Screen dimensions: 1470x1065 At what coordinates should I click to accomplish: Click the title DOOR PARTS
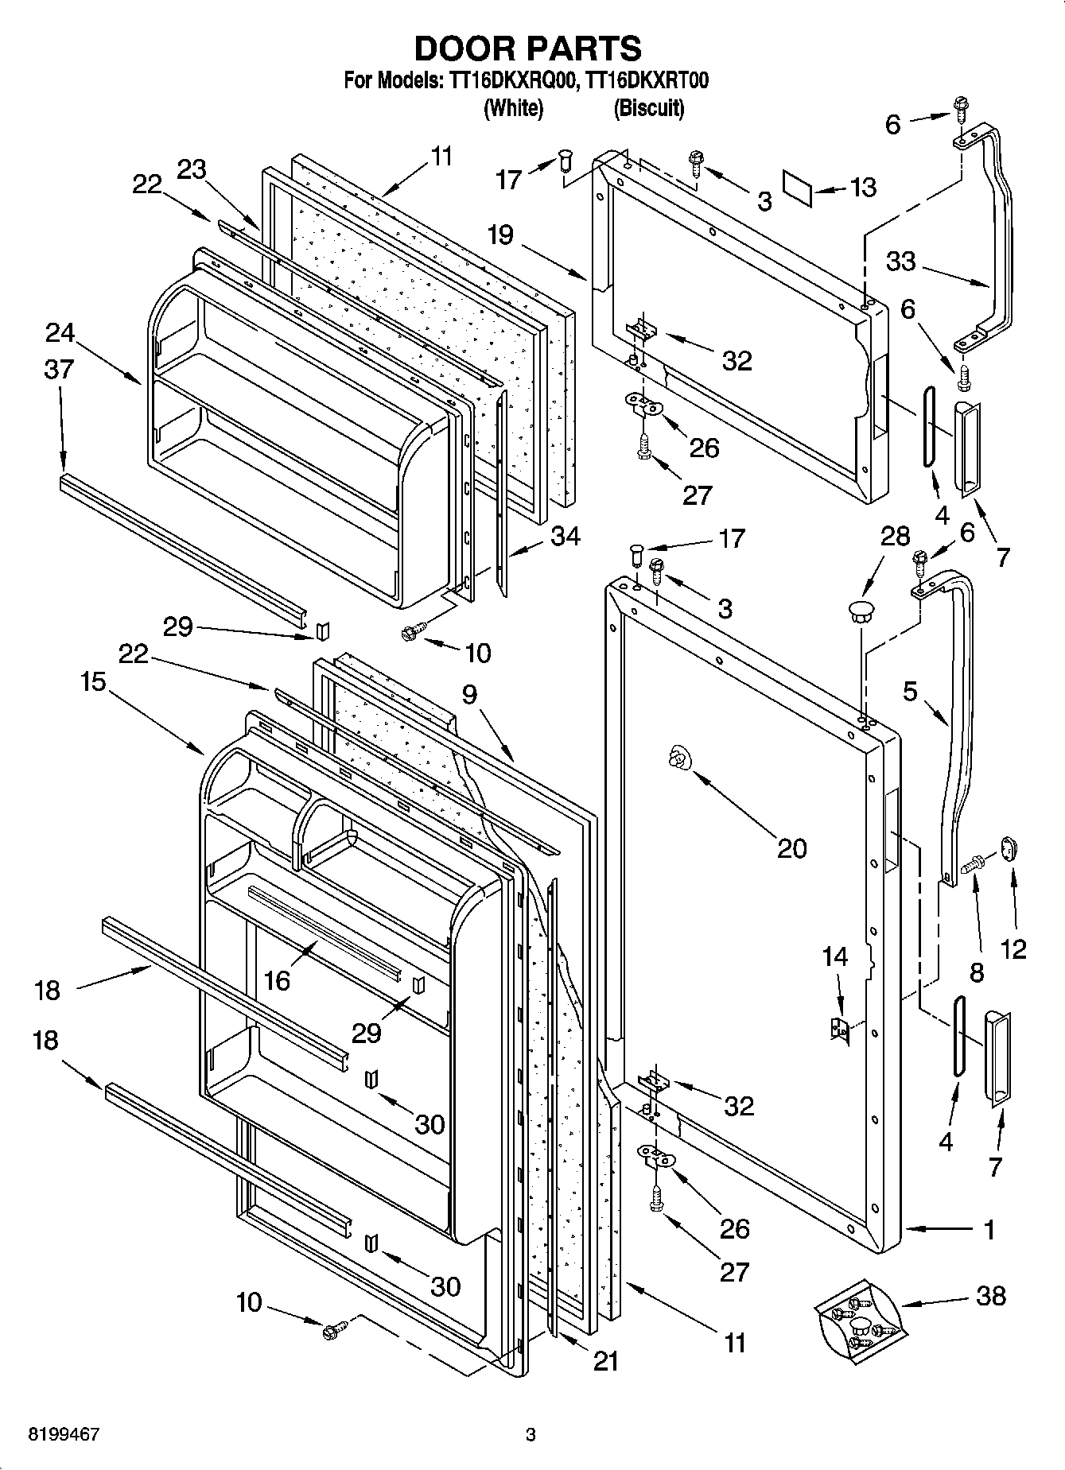(527, 48)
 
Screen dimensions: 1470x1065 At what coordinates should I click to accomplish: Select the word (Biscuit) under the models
(648, 108)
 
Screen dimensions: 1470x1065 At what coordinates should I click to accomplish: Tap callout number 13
(862, 187)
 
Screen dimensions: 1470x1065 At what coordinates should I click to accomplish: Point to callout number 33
(901, 261)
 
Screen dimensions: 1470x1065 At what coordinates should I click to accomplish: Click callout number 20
(791, 847)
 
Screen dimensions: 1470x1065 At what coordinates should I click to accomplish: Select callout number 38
(991, 1295)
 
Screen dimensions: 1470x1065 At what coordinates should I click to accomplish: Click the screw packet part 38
(859, 1323)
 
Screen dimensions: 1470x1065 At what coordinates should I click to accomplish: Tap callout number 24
(60, 332)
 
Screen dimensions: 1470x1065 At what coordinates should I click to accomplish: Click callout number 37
(60, 369)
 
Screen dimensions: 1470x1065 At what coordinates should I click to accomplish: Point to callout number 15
(93, 681)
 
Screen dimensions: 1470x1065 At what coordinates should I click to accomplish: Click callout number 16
(277, 981)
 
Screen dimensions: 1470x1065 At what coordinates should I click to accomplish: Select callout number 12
(1013, 948)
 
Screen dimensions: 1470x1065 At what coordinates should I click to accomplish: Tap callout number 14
(835, 956)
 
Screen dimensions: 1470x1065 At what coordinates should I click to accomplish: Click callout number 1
(989, 1230)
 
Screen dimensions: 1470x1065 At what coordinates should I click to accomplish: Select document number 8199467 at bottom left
(64, 1435)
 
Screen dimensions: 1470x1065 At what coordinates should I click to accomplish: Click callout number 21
(606, 1361)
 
